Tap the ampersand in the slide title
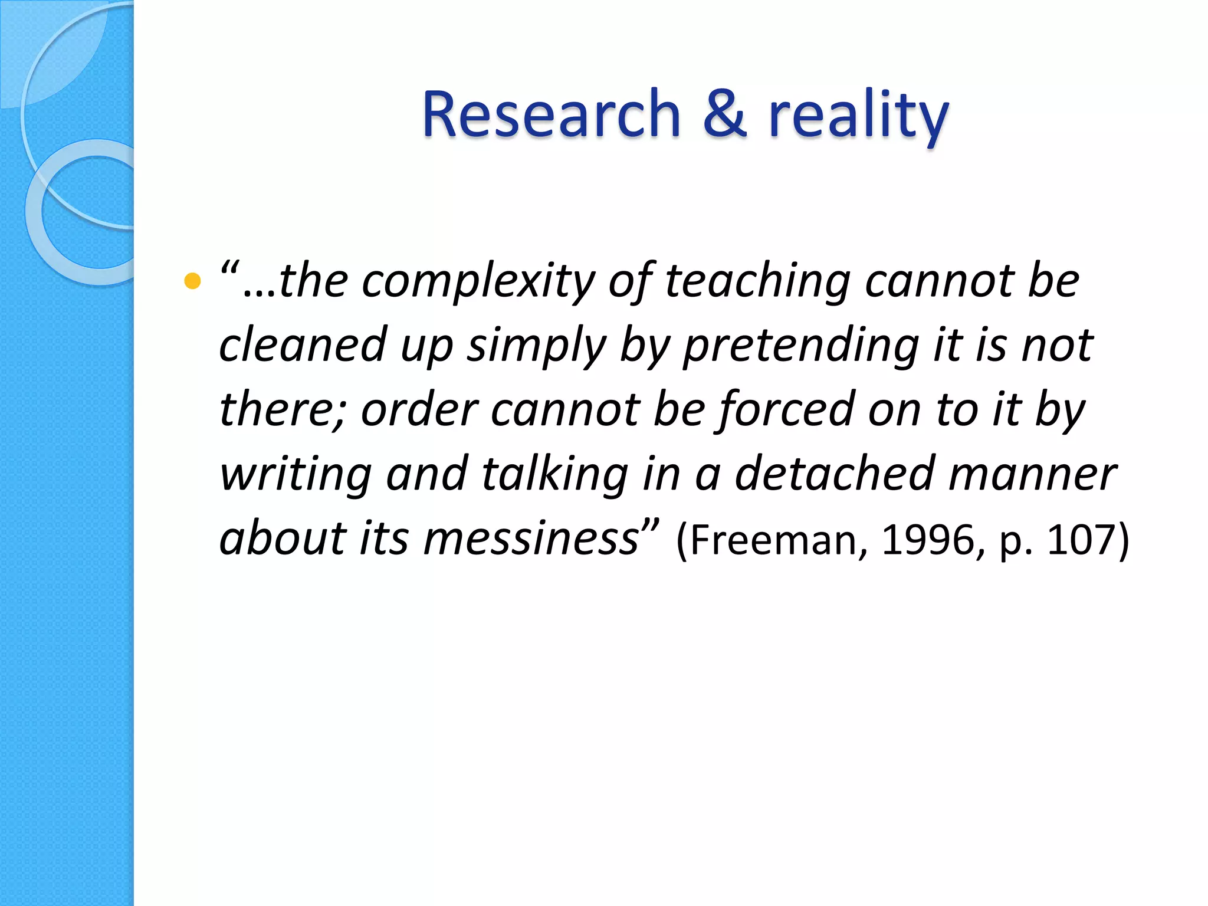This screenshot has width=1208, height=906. click(724, 114)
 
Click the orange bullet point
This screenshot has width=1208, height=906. click(192, 281)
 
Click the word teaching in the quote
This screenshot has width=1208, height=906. click(757, 282)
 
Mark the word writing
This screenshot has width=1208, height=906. click(296, 475)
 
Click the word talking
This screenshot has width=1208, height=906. click(555, 474)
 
